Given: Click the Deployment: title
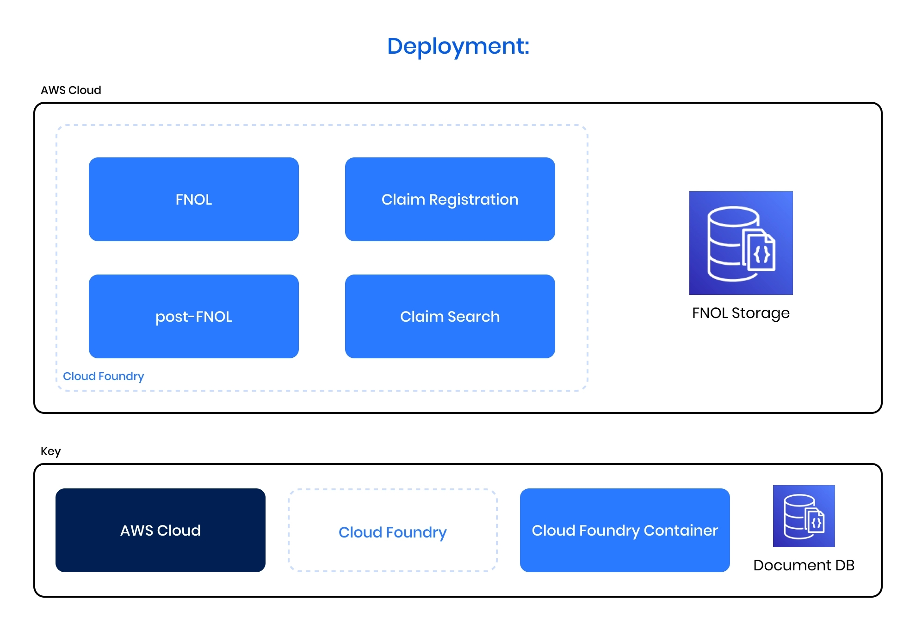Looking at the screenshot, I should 458,46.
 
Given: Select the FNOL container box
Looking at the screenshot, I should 193,199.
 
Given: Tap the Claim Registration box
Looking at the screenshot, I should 450,199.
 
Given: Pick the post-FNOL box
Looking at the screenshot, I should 193,316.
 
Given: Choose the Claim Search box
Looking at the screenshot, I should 450,316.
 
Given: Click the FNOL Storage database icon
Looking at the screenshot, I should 741,243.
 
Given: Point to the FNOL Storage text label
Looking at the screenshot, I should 741,313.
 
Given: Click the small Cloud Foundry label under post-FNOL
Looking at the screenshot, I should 103,376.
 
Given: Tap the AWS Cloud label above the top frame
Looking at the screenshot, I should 71,90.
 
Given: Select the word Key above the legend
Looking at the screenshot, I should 50,451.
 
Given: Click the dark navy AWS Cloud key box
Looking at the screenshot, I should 160,530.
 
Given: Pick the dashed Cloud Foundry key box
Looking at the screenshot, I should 392,530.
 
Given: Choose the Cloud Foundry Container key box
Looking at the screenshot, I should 625,530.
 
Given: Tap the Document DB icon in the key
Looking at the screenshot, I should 804,516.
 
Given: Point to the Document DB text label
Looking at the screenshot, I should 804,565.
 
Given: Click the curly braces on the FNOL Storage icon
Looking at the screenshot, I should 761,254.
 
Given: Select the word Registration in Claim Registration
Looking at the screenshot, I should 473,200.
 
